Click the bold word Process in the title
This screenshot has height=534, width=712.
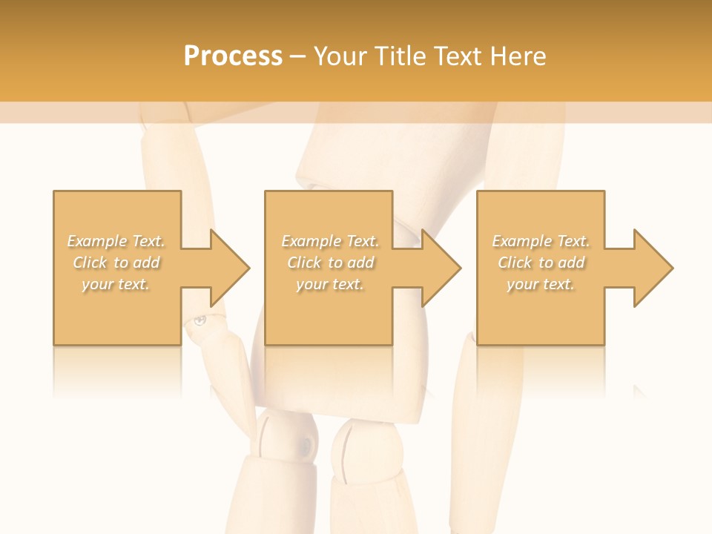pyautogui.click(x=233, y=56)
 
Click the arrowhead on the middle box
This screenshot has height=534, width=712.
pyautogui.click(x=441, y=268)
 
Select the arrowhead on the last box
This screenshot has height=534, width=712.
pyautogui.click(x=653, y=268)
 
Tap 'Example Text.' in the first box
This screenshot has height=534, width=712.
pyautogui.click(x=116, y=241)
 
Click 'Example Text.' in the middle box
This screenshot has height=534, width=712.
pyautogui.click(x=330, y=241)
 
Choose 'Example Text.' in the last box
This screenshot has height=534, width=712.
pyautogui.click(x=541, y=241)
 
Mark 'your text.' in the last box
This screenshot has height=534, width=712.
pyautogui.click(x=541, y=284)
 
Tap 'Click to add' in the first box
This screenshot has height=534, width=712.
pyautogui.click(x=116, y=263)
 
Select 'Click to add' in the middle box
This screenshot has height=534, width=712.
pyautogui.click(x=330, y=263)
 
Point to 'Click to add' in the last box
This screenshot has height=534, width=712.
pyautogui.click(x=541, y=263)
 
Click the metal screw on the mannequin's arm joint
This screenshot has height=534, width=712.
pyautogui.click(x=199, y=320)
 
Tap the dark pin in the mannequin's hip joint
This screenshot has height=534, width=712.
pyautogui.click(x=305, y=445)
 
